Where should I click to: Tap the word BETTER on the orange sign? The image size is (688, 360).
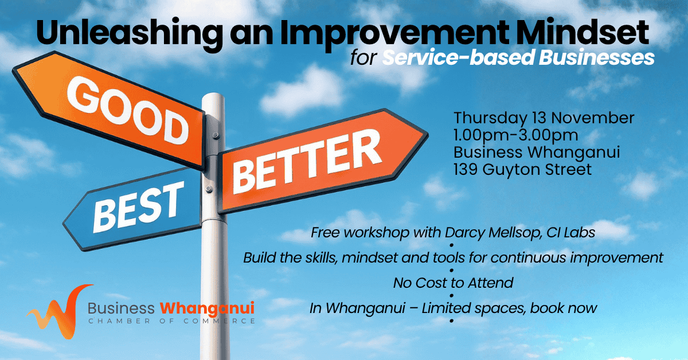coord(307,161)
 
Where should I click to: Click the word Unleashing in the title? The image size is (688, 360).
coord(130,34)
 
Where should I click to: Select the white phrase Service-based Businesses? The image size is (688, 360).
coord(518,57)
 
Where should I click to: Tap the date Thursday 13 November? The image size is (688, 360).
coord(544,118)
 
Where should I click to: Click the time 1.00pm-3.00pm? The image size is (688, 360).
coord(516,135)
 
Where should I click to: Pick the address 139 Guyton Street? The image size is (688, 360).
coord(522,170)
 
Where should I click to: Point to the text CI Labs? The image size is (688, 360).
coord(570,233)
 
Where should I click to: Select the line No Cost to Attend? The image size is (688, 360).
coord(453,283)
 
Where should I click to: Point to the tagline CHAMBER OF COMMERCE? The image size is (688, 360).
coord(171,321)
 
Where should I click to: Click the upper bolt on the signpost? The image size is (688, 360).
coord(216,135)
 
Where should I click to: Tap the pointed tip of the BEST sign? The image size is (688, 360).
coord(64,224)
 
